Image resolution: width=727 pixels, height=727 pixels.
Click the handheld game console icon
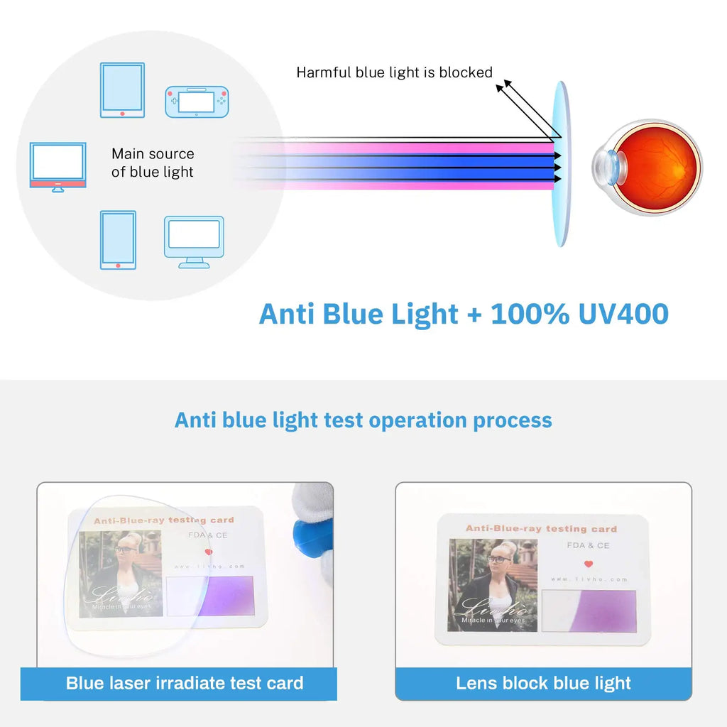point(197,102)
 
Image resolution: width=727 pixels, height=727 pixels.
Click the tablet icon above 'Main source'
point(122,89)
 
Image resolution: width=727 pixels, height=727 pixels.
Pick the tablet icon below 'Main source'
point(118,239)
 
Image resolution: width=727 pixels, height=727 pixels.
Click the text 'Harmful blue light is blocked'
point(394,72)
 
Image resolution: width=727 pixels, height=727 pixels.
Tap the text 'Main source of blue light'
point(153,163)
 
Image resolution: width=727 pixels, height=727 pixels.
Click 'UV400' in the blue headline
point(623,313)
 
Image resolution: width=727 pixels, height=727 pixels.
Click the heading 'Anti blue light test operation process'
point(363,420)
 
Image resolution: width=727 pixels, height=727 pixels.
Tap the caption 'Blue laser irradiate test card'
point(185,683)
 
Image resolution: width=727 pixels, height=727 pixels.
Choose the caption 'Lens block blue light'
point(543,683)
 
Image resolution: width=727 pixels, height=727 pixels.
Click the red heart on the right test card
point(588,564)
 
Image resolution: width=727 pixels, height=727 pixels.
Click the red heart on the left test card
point(208,552)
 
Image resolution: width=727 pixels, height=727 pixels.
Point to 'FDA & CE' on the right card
point(588,545)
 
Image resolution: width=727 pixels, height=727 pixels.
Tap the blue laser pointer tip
point(310,533)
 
